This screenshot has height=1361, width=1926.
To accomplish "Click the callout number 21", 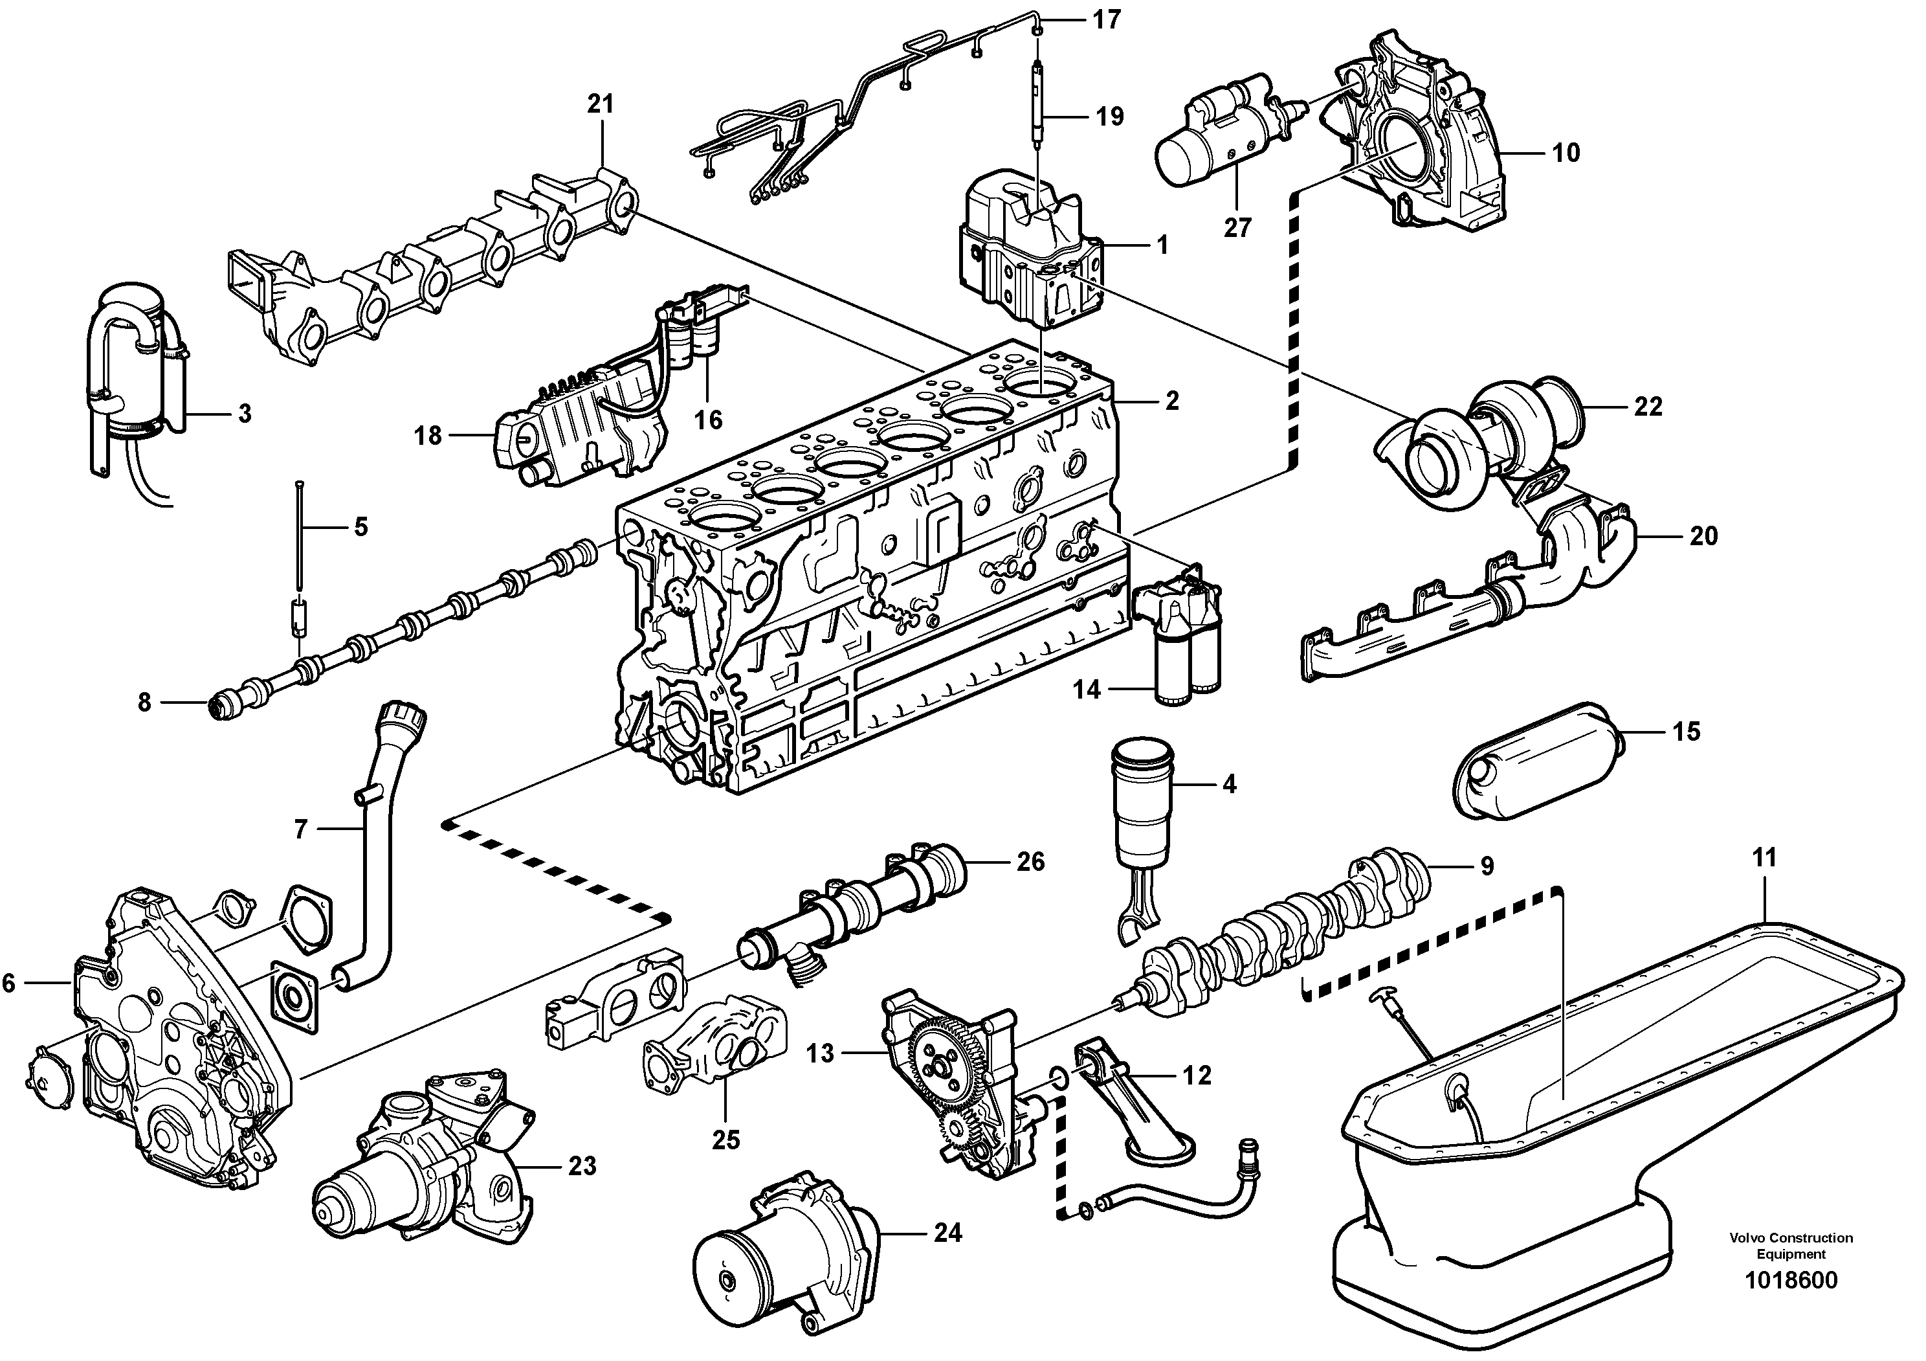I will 600,104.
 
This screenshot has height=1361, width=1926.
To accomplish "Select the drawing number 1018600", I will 1790,1304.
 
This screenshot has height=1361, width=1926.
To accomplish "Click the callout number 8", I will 144,703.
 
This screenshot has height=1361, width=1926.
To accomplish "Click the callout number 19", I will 1110,117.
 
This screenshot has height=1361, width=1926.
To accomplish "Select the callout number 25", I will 726,1140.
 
